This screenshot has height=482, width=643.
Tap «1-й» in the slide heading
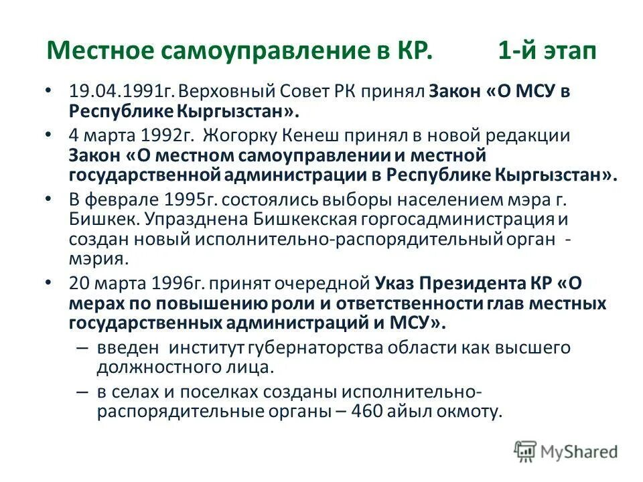coord(518,52)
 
